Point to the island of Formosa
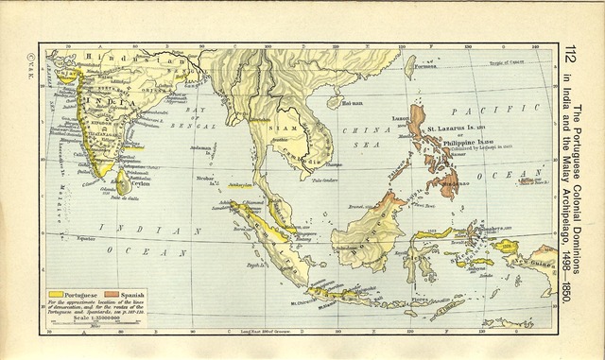pyautogui.click(x=409, y=66)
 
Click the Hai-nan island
pyautogui.click(x=352, y=102)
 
